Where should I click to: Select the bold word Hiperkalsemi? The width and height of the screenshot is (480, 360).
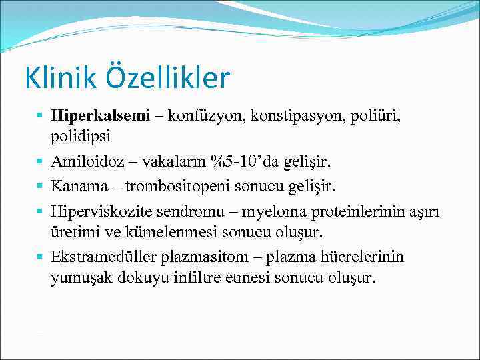pos(100,117)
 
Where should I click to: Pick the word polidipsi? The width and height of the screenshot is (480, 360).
pos(79,137)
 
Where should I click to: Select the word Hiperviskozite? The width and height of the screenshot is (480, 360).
pos(95,211)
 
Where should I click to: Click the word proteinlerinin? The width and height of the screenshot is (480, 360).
pos(364,211)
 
